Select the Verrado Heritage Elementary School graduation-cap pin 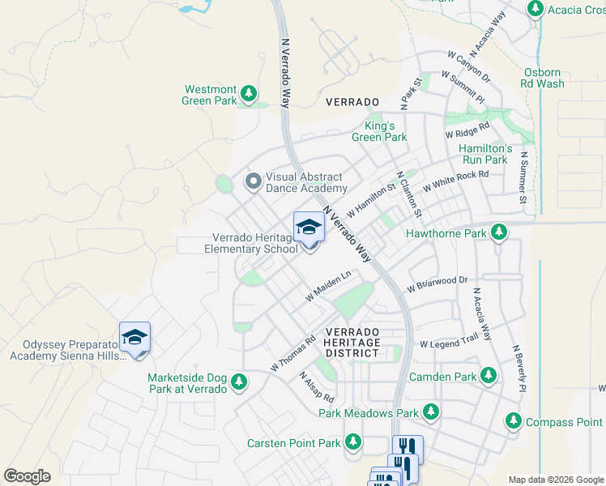pos(309,228)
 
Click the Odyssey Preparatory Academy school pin pos(134,339)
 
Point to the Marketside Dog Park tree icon pos(238,382)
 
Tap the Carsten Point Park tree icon pos(352,442)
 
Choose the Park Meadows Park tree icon pos(431,412)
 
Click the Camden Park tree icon pos(488,375)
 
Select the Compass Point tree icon pos(513,420)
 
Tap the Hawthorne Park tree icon pos(499,232)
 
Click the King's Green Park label pos(379,131)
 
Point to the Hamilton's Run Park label pos(485,154)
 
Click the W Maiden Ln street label pos(327,287)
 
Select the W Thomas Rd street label pos(292,355)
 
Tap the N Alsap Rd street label pos(316,387)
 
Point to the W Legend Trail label pos(450,343)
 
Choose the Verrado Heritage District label pos(352,343)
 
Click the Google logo pos(27,476)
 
